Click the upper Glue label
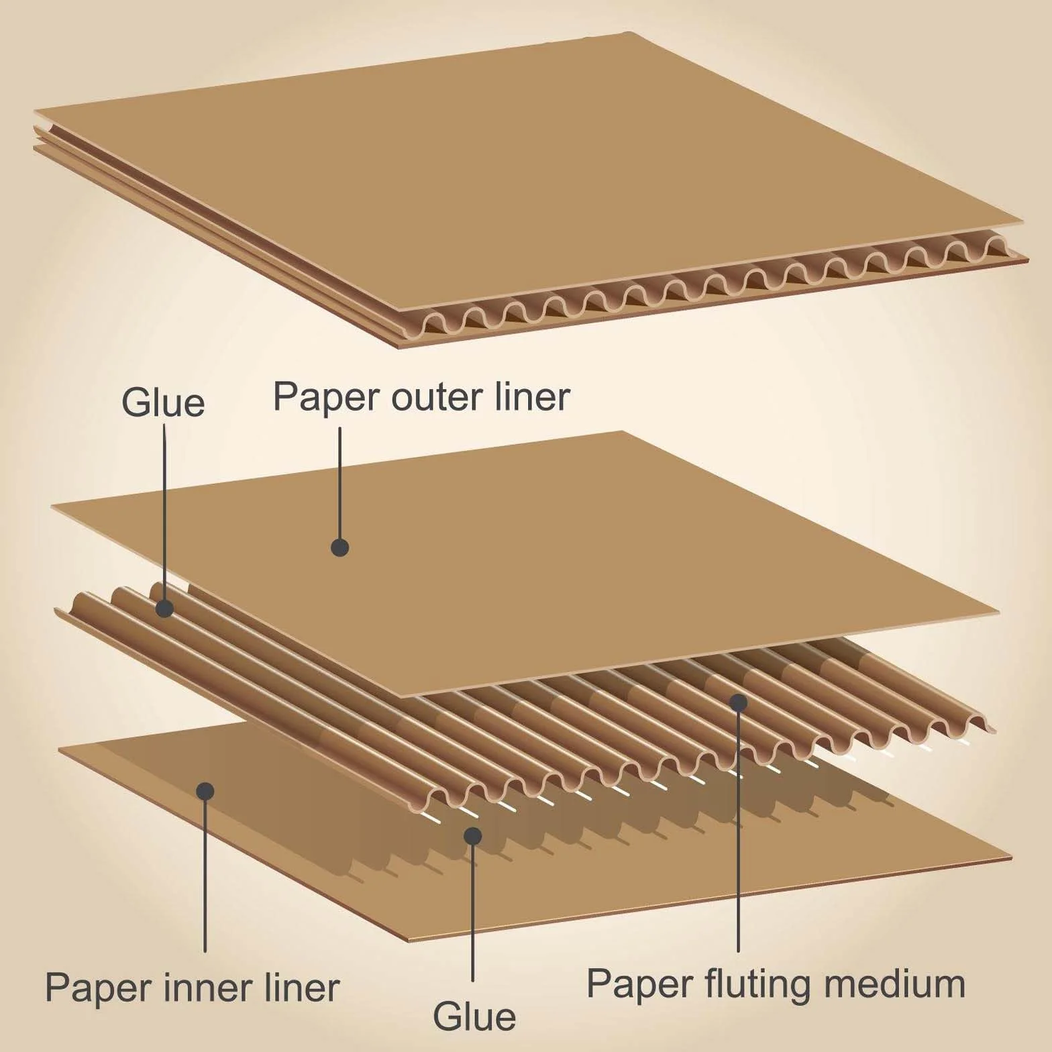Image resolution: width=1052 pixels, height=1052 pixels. click(163, 403)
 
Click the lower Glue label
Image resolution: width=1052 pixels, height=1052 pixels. click(474, 1016)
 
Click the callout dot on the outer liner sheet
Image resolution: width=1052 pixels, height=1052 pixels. click(340, 547)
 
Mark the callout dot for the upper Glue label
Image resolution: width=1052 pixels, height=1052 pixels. click(164, 609)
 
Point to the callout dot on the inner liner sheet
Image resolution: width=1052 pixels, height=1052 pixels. click(205, 791)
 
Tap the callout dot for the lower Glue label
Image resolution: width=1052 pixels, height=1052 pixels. click(473, 835)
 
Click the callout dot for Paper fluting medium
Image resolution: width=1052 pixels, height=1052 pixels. click(739, 702)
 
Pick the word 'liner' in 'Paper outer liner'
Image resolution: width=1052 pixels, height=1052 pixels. click(533, 397)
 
